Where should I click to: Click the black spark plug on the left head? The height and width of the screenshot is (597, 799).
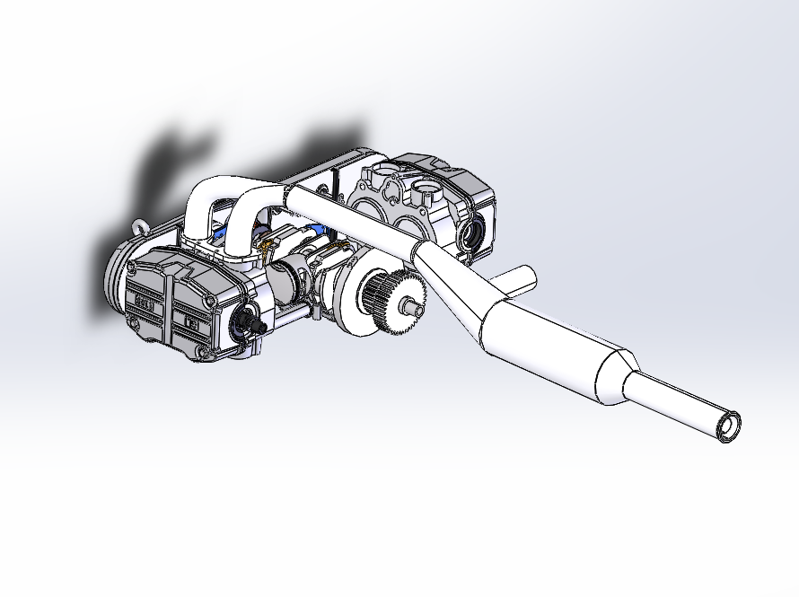[250, 323]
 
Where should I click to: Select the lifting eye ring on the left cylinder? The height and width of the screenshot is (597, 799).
[139, 228]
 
